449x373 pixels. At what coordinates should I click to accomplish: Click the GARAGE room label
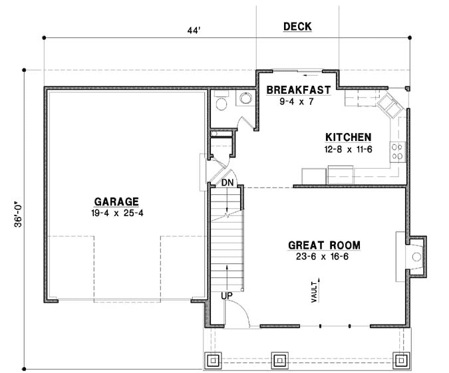(x=116, y=201)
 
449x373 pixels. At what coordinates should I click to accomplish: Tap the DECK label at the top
(x=297, y=27)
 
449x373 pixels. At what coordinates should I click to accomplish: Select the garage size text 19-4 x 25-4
(x=116, y=213)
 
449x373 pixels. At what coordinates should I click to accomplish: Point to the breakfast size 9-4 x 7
(x=296, y=101)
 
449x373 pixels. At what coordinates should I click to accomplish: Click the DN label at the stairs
(x=227, y=182)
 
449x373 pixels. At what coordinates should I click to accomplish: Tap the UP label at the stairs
(x=227, y=295)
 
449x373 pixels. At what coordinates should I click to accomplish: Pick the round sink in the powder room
(x=245, y=99)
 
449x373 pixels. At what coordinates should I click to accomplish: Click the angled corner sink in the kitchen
(x=387, y=104)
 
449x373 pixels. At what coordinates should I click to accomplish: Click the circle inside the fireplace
(x=416, y=255)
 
